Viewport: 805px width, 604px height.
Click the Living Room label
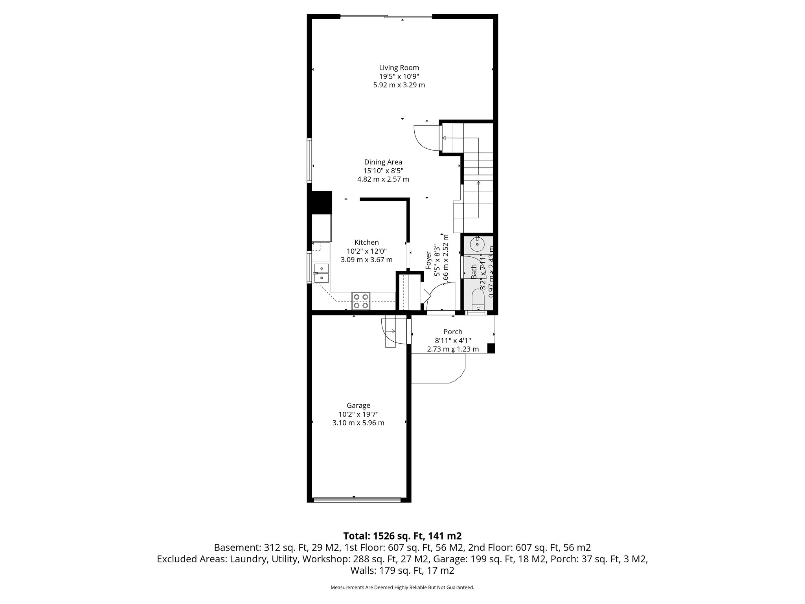[399, 68]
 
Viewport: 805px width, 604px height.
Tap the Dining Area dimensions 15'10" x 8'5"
[383, 171]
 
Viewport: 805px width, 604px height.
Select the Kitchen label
[366, 243]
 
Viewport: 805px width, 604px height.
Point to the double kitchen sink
[322, 273]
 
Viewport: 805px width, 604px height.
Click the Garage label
[358, 405]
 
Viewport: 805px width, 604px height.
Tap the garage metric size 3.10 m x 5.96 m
[358, 423]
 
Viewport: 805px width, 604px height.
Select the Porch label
[453, 332]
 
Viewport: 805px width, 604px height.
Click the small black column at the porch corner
[491, 348]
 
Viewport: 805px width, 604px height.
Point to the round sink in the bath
[477, 244]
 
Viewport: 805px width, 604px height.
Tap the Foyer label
[429, 260]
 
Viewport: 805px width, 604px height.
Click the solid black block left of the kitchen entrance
[322, 202]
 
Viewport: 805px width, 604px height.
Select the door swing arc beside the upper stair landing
[425, 138]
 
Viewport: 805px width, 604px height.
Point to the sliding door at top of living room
[386, 17]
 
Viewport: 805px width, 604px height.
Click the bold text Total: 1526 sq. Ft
[402, 536]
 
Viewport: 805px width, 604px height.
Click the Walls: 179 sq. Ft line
[402, 571]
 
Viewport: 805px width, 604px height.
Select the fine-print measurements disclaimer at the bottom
[402, 587]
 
